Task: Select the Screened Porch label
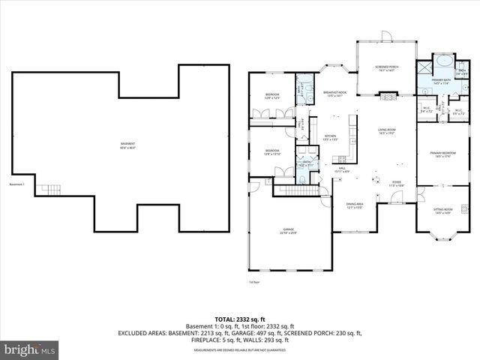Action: pos(387,69)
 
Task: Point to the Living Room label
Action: pos(387,130)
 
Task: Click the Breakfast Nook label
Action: pos(334,94)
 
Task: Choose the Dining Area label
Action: pos(355,205)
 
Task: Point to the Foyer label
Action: pos(397,183)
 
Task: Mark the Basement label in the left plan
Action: pos(128,145)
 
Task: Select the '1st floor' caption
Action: pos(253,282)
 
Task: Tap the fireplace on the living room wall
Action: pos(387,95)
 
